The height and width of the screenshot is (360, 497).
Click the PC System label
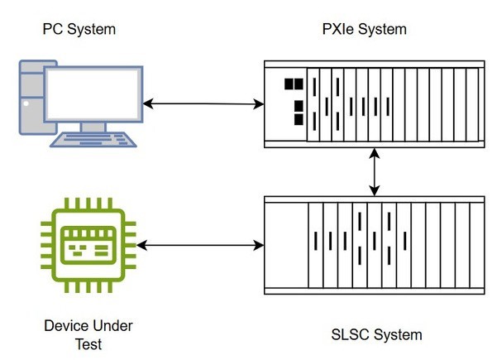79,30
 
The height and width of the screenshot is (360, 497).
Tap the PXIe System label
364,30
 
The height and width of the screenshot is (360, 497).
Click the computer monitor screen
93,95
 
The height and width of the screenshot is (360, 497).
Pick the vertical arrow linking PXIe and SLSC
375,172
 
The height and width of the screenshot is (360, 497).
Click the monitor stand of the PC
93,126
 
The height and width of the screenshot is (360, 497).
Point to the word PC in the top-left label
52,30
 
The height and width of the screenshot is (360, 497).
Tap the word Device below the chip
65,325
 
